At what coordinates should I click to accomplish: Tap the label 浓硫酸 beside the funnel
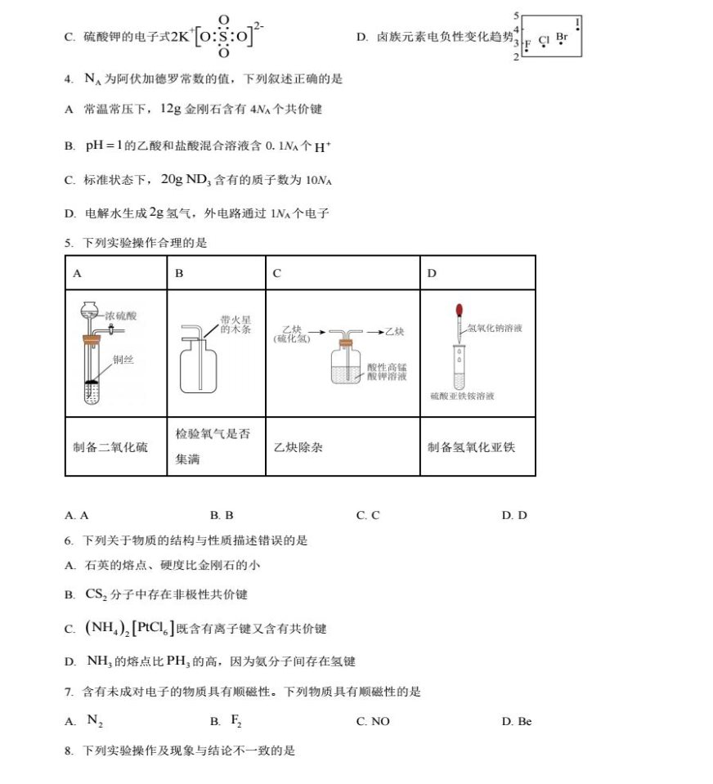coord(121,315)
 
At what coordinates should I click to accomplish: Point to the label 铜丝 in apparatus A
coord(123,360)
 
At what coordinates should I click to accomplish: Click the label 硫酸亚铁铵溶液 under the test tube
coord(462,396)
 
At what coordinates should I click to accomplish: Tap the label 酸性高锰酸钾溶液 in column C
coord(387,372)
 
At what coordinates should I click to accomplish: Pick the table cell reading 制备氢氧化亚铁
coord(471,447)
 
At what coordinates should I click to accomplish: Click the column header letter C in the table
coord(277,273)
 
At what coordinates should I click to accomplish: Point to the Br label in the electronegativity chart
coord(561,37)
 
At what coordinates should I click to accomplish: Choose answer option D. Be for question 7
coord(517,721)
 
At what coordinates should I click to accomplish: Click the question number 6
coord(69,541)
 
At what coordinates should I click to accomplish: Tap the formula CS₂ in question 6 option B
coord(96,594)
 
